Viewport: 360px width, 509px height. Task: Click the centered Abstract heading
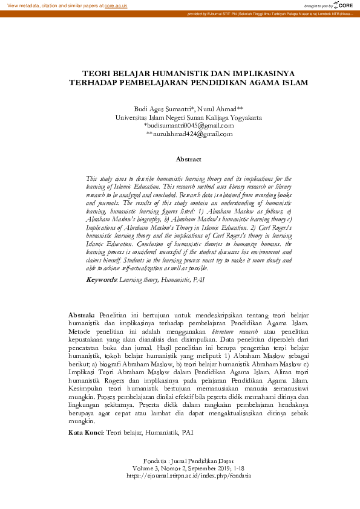(x=188, y=159)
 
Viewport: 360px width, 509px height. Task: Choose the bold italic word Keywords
(x=101, y=280)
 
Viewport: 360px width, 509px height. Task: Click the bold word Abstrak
(x=82, y=316)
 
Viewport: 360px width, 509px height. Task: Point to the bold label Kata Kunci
(x=85, y=432)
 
